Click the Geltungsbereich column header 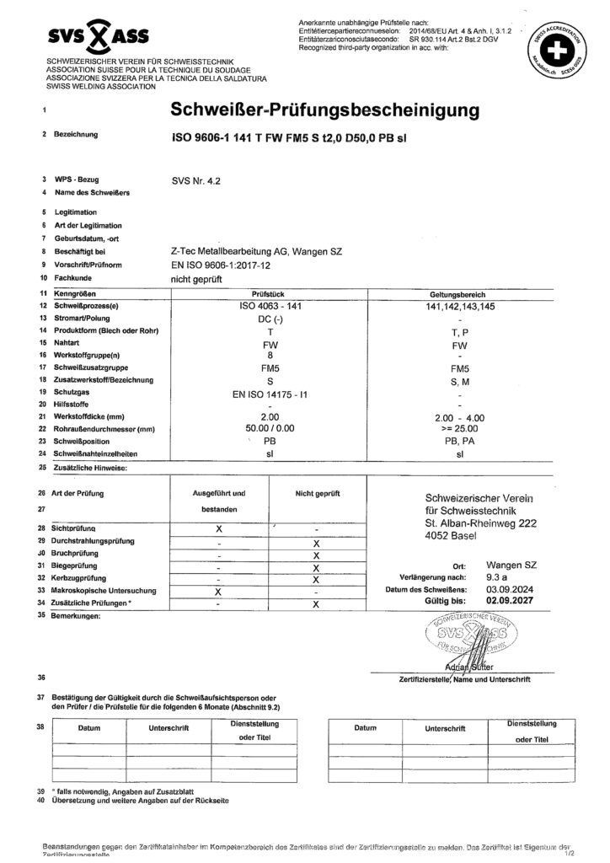pyautogui.click(x=459, y=293)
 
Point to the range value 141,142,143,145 pyautogui.click(x=459, y=307)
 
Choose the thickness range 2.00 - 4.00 pyautogui.click(x=459, y=418)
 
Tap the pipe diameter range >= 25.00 pyautogui.click(x=459, y=430)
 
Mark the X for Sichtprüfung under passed pyautogui.click(x=219, y=528)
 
